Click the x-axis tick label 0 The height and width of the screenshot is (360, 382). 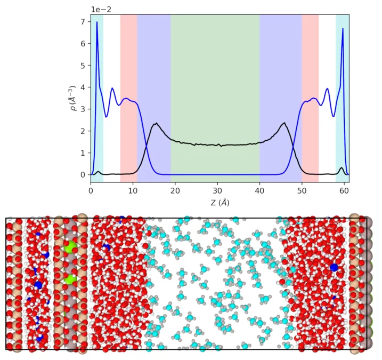pos(91,189)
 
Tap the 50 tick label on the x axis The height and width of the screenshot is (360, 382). pos(302,189)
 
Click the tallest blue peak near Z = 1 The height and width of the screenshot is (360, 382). pos(96,22)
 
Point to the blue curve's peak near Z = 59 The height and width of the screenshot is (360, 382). pos(343,29)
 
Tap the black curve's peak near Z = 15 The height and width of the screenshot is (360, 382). pos(156,124)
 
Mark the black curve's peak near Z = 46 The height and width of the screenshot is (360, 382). pos(285,123)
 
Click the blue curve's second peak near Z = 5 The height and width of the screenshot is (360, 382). pos(112,89)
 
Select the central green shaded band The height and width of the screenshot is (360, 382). pos(215,96)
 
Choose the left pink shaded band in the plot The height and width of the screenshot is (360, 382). pos(128,96)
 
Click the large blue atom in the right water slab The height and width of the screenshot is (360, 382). pos(334,267)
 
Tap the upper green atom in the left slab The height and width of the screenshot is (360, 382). pos(69,247)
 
